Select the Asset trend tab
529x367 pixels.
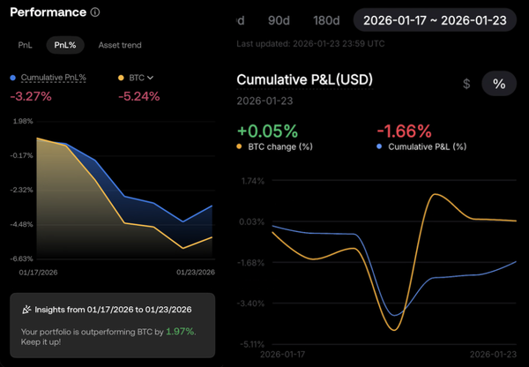coord(120,45)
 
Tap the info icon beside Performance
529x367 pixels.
coord(95,12)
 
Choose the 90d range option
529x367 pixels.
coord(279,21)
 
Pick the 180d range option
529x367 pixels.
coord(326,21)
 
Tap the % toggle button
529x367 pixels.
coord(499,84)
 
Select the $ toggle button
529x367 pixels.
coord(466,84)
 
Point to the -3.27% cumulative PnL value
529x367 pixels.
coord(29,96)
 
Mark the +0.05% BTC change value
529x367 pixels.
coord(266,131)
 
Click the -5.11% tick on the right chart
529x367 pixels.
coord(252,344)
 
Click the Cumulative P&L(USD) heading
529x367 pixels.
coord(304,80)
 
